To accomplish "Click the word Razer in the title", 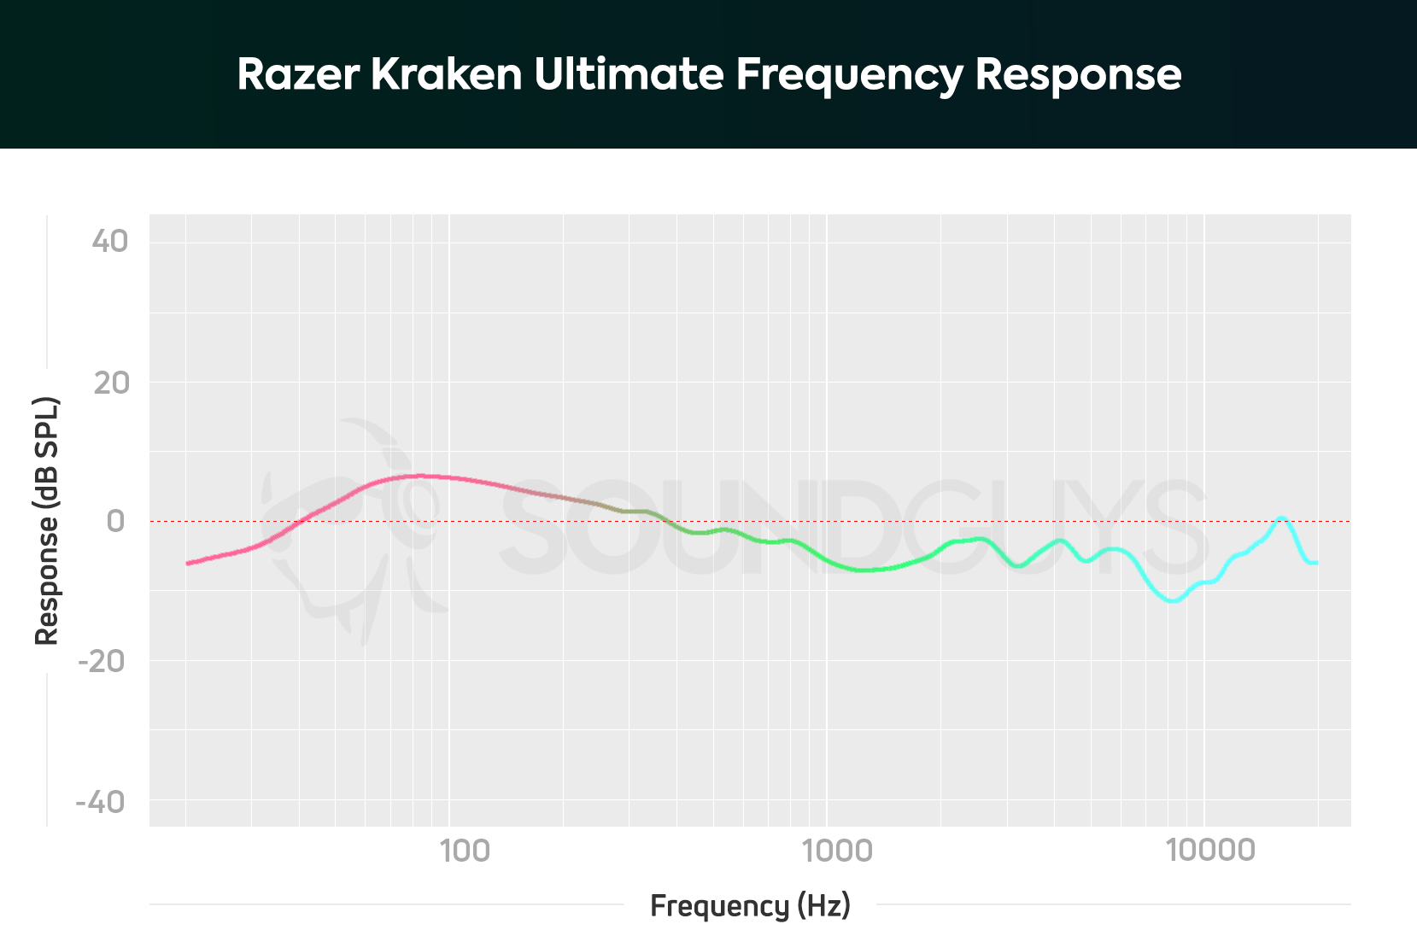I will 298,74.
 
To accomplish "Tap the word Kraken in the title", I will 446,74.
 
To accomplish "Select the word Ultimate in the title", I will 629,74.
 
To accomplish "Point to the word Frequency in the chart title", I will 849,76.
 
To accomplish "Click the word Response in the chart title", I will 1078,76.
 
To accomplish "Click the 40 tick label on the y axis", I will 110,242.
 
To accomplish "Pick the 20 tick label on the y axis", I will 112,383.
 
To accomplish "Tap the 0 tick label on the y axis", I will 115,521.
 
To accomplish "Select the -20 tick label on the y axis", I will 102,661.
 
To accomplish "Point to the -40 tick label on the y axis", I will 101,802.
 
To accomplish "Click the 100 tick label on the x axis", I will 465,851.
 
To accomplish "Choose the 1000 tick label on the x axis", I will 837,851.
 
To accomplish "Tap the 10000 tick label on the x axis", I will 1210,851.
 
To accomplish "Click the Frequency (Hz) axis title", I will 750,905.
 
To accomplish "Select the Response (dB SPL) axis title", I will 47,521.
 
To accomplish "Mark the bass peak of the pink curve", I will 414,476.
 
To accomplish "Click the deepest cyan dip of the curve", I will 1174,600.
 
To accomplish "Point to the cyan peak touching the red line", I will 1281,518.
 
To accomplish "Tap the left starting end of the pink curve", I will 188,563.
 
